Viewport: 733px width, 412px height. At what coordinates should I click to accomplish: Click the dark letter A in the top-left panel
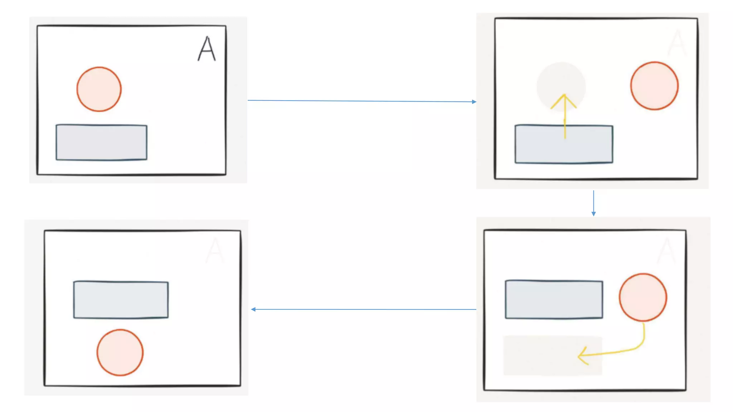[x=207, y=49]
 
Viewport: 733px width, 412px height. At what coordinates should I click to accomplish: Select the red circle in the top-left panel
[x=99, y=89]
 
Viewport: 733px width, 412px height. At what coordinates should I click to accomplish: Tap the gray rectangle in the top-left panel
[x=101, y=142]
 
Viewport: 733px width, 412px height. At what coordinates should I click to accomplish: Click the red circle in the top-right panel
[x=654, y=85]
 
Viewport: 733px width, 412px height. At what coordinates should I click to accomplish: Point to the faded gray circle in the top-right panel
[x=561, y=82]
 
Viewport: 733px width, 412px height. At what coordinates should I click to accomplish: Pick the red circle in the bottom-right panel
[x=643, y=297]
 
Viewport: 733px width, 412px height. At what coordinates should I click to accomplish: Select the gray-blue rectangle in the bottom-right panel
[x=554, y=299]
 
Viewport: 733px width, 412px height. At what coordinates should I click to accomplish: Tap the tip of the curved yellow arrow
[x=579, y=356]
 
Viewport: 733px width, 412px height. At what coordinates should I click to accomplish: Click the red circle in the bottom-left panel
[x=120, y=352]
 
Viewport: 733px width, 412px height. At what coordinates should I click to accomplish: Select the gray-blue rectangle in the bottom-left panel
[x=121, y=300]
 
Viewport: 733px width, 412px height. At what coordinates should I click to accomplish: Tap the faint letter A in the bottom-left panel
[x=215, y=250]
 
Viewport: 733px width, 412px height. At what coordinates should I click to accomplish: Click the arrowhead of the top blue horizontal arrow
[x=474, y=102]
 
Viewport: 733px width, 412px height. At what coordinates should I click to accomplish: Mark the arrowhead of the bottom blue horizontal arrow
[x=253, y=309]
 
